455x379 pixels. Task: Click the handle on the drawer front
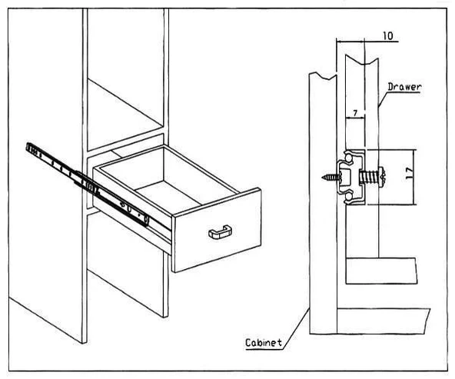220,232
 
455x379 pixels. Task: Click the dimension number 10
388,35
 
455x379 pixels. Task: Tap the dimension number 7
356,112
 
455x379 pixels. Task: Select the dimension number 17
410,173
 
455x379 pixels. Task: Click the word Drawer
404,87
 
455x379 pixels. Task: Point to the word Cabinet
264,343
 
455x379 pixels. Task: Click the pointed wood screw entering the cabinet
330,177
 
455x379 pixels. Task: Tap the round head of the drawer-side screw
383,177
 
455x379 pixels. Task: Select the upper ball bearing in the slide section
348,158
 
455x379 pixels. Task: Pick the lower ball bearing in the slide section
348,197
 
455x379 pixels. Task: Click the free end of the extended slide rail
29,148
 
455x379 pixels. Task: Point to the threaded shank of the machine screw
369,177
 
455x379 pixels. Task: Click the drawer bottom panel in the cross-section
381,271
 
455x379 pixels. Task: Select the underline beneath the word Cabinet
264,349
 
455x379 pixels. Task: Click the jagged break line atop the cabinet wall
323,76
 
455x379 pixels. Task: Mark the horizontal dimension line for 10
367,42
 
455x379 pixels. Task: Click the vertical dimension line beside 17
414,177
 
